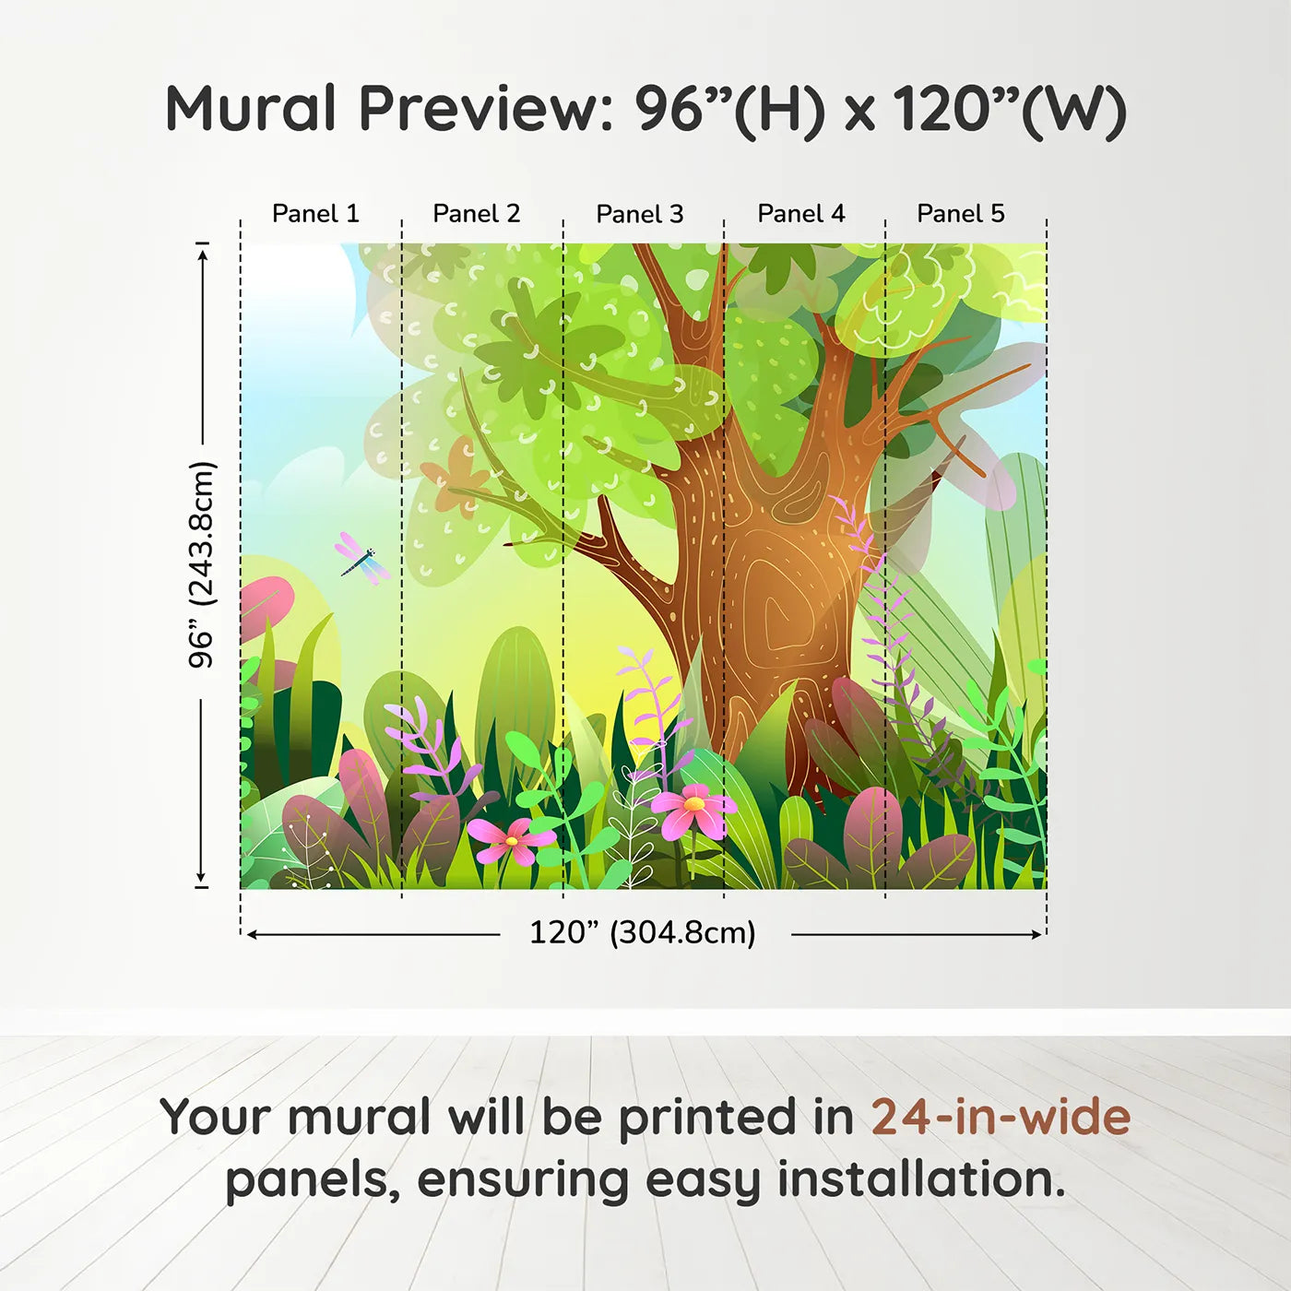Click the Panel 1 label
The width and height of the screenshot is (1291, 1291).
315,214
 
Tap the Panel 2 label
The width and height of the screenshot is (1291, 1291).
477,214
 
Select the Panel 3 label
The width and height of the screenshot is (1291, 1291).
640,214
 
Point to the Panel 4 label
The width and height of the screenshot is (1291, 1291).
801,214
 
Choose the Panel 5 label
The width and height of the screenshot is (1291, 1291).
961,214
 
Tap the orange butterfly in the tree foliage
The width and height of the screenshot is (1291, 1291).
456,476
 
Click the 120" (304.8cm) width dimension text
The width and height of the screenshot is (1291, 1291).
643,933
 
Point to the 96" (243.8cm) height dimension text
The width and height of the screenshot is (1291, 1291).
201,564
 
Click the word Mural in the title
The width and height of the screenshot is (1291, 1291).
251,109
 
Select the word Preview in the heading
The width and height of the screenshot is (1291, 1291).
479,109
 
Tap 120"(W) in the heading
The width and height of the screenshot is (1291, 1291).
1009,109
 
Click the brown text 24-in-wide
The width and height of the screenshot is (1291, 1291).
1001,1118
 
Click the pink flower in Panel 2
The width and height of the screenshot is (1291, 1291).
509,840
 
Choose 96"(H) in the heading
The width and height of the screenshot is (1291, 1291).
729,109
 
